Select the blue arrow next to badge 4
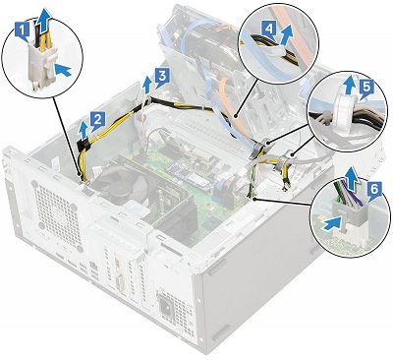pyautogui.click(x=286, y=38)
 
